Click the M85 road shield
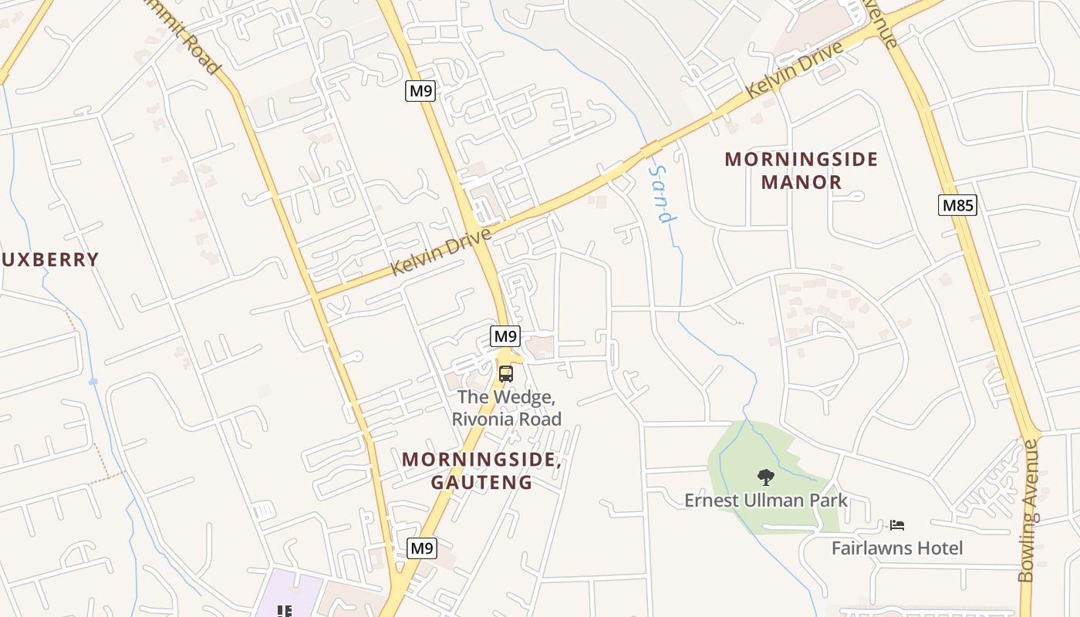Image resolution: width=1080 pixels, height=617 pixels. [x=957, y=205]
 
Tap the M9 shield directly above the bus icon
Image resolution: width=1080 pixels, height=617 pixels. [x=505, y=336]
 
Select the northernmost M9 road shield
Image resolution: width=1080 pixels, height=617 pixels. [x=420, y=91]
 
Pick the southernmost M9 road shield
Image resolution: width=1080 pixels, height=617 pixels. [x=421, y=548]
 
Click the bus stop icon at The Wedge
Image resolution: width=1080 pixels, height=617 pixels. [x=505, y=374]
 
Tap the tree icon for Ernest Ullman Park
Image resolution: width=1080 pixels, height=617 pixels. [x=765, y=477]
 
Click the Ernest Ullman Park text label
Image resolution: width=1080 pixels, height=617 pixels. [x=765, y=501]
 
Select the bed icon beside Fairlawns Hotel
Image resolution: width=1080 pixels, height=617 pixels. [x=896, y=525]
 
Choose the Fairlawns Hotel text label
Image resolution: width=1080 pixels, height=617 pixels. [x=896, y=548]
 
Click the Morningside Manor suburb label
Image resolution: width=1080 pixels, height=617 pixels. [x=801, y=170]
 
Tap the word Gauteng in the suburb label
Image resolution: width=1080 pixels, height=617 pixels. [x=481, y=483]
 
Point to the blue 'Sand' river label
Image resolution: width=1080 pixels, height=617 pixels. [x=663, y=193]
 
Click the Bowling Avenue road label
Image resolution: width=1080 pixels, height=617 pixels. [x=1029, y=511]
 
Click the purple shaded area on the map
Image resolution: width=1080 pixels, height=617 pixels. [x=297, y=594]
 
